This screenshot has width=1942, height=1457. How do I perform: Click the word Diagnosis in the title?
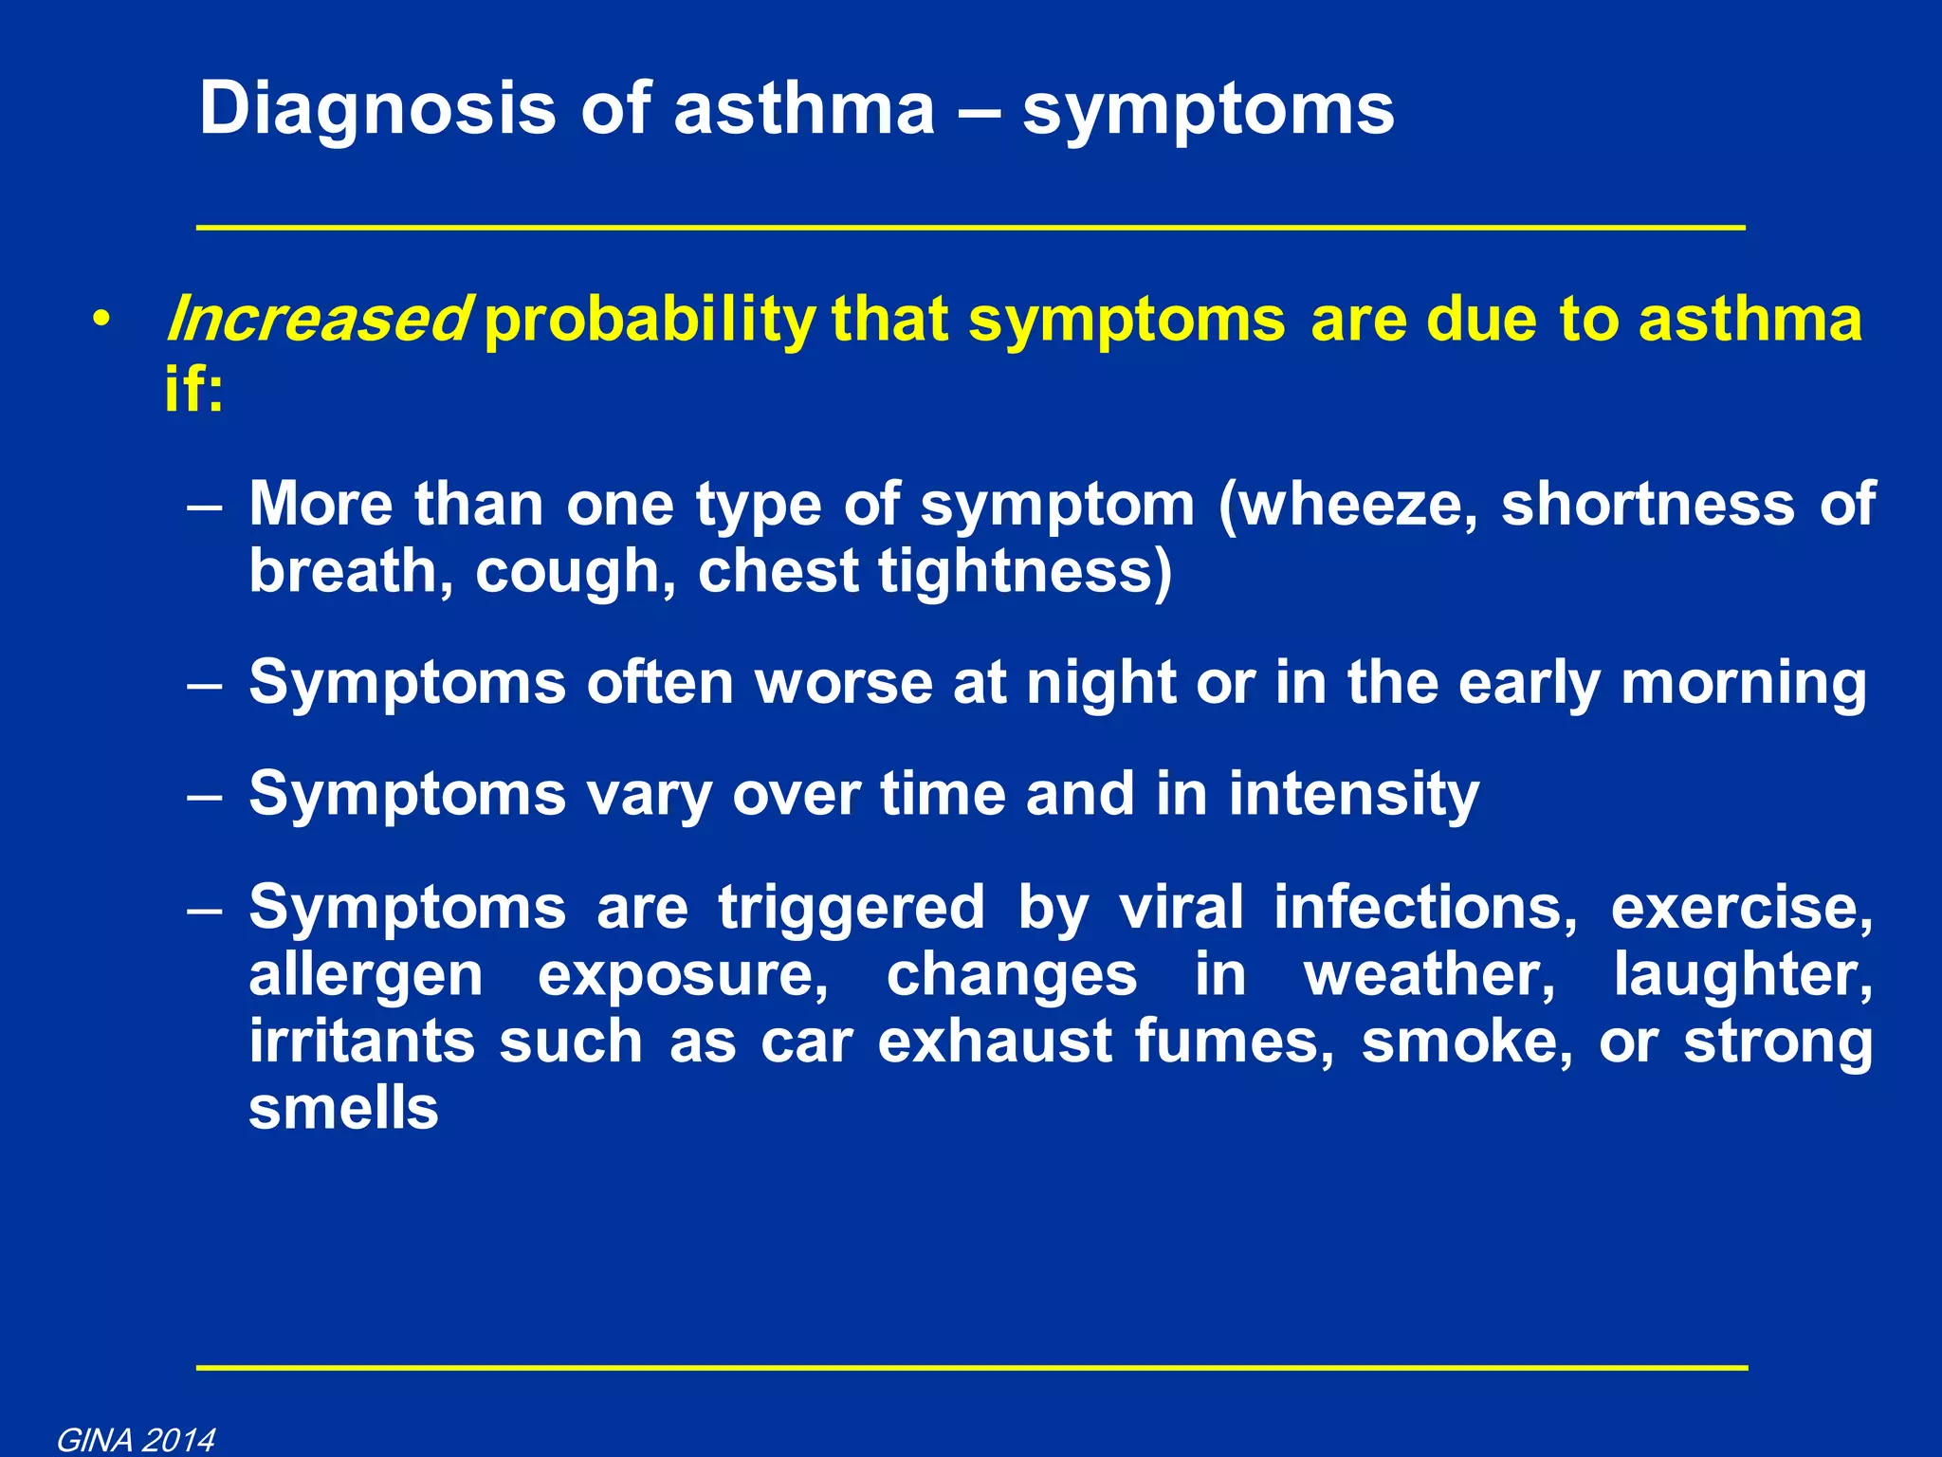(x=376, y=110)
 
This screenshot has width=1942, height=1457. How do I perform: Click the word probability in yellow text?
(x=650, y=321)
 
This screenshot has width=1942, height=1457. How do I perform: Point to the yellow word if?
(x=194, y=389)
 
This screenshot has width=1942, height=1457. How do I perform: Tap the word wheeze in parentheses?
(x=1347, y=504)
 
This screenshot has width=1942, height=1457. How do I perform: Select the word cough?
(x=576, y=572)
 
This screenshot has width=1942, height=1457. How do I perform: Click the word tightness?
(x=1024, y=572)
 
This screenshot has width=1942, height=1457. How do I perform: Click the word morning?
(x=1743, y=683)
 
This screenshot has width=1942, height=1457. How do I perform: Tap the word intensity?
(x=1353, y=794)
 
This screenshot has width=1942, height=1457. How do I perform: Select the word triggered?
(x=852, y=908)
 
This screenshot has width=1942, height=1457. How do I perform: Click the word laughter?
(x=1743, y=975)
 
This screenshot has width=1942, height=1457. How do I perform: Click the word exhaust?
(x=995, y=1042)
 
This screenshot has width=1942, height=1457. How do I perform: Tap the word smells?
(x=343, y=1108)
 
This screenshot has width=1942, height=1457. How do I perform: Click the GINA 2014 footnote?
(x=136, y=1440)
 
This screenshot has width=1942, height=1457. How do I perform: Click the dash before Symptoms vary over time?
(x=205, y=795)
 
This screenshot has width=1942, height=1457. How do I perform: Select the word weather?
(x=1429, y=975)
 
